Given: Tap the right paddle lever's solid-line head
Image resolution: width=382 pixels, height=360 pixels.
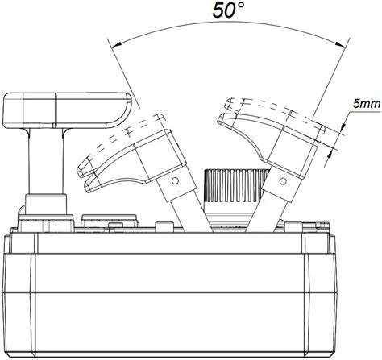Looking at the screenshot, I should click(x=266, y=129).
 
